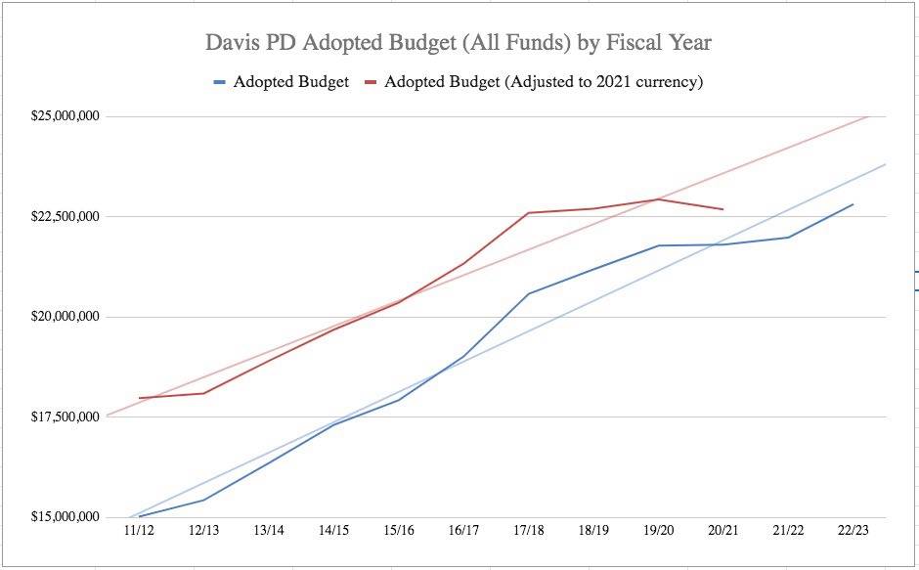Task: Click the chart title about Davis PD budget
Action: [x=459, y=43]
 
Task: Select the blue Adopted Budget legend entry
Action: [x=282, y=82]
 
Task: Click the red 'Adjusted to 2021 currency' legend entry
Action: [x=534, y=82]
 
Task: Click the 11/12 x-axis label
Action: [x=139, y=531]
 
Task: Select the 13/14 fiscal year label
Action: [x=269, y=531]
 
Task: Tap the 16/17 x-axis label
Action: [x=463, y=531]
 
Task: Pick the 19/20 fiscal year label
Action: [x=658, y=531]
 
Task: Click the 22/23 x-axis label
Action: [x=853, y=531]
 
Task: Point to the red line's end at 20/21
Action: [x=722, y=209]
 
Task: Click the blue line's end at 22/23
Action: [x=853, y=204]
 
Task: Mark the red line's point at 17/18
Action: [x=528, y=212]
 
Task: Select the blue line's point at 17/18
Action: [x=528, y=293]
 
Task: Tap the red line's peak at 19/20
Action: [x=658, y=199]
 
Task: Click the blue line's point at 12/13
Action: [x=203, y=500]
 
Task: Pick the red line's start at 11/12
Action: [x=139, y=398]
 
